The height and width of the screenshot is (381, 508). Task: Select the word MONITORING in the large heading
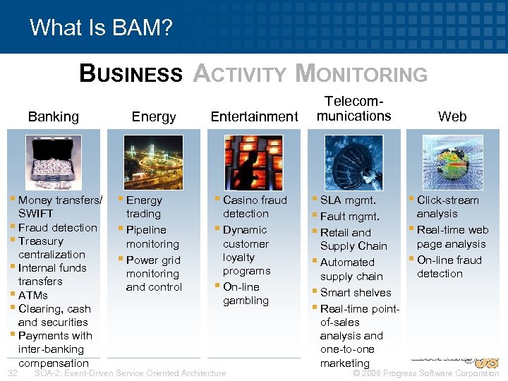tap(361, 73)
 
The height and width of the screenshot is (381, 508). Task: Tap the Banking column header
tap(54, 116)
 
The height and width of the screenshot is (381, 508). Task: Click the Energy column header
tap(154, 116)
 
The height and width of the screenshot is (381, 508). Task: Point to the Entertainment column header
tap(255, 116)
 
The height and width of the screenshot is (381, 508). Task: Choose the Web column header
tap(452, 116)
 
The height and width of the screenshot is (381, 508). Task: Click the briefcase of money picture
tap(54, 162)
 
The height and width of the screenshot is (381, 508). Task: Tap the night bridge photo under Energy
tap(153, 162)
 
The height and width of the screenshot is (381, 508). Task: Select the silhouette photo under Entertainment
tap(253, 162)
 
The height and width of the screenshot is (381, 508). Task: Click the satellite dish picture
tap(353, 162)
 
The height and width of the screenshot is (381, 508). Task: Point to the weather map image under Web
tap(452, 162)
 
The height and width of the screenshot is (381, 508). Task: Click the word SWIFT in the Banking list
tap(36, 214)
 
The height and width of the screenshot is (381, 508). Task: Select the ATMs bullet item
tap(33, 295)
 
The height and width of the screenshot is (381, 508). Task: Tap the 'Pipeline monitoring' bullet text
tap(152, 237)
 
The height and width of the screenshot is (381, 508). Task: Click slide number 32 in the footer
tap(12, 373)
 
